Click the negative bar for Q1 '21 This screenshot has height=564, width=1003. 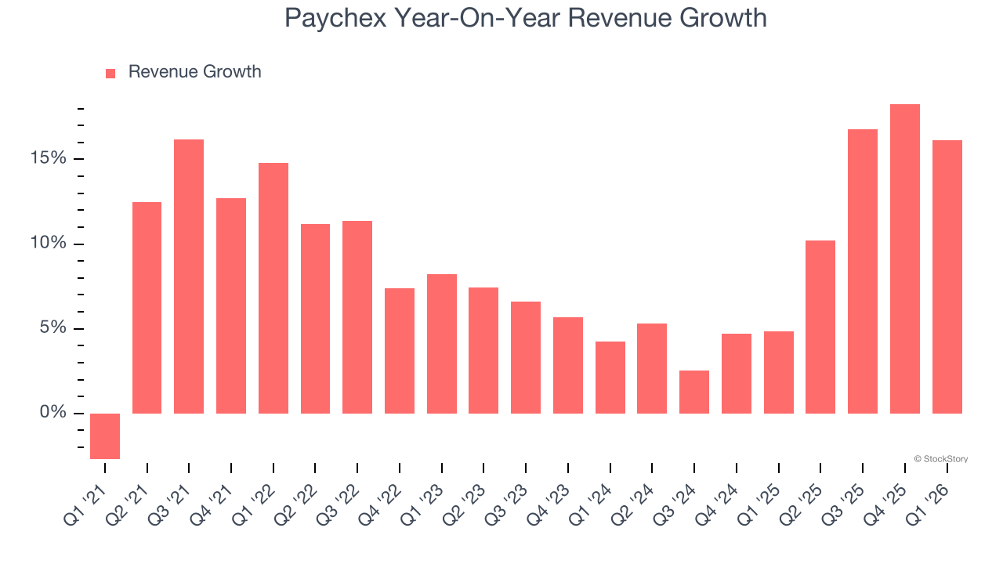pos(105,436)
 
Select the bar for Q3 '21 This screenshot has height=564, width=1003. pos(189,277)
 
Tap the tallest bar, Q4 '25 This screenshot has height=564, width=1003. pos(905,258)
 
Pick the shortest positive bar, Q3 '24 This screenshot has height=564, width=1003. pos(694,392)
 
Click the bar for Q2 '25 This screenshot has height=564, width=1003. pos(820,327)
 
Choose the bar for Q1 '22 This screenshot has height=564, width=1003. pos(273,288)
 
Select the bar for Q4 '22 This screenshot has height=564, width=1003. pos(400,351)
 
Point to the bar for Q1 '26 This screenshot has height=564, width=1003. pos(947,277)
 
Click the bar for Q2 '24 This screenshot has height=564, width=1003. pos(652,368)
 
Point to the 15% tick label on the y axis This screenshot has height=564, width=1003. pos(49,159)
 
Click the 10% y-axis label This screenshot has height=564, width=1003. pos(49,244)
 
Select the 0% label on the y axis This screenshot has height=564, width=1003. pos(53,413)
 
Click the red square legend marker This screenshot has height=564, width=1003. pos(110,73)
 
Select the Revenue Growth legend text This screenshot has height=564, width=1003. pos(194,72)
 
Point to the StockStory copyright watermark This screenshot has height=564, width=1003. pos(940,459)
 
